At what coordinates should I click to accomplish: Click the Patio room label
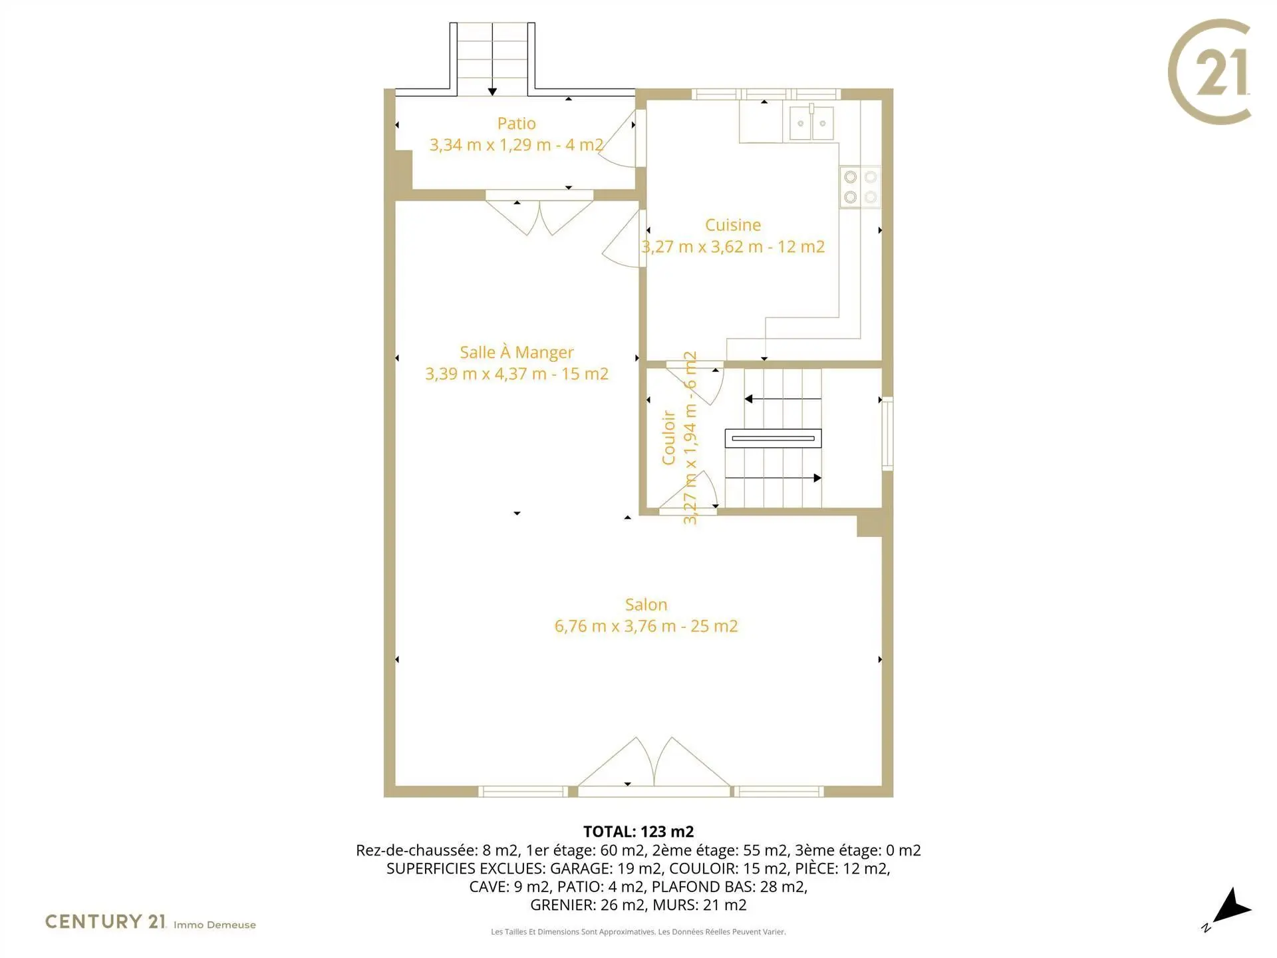click(516, 124)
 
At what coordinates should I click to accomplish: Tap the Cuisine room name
click(733, 225)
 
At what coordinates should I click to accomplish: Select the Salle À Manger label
click(517, 352)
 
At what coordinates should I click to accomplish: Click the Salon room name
click(646, 605)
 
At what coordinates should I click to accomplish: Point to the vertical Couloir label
click(668, 437)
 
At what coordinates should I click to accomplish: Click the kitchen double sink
click(811, 122)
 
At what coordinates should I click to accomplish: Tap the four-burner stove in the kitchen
click(860, 187)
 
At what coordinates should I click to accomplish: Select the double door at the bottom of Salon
click(654, 763)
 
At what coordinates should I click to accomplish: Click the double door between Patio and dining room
click(539, 214)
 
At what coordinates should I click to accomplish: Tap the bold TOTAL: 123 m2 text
click(638, 832)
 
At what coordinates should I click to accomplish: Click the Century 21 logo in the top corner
click(1209, 72)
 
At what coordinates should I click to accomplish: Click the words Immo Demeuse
click(215, 925)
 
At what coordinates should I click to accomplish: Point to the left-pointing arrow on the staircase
click(783, 399)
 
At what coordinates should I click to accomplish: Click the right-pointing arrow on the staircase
click(773, 478)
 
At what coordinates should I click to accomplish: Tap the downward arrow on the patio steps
click(492, 60)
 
